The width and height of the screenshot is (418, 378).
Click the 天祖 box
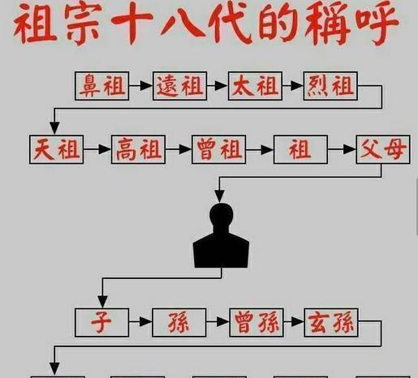coord(56,149)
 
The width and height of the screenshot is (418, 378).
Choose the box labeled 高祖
coord(137,149)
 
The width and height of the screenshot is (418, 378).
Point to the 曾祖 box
coord(220,149)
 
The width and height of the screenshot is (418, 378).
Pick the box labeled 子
coord(102,323)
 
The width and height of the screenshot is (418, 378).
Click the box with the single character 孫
coord(178,323)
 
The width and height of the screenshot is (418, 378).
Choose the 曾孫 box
coord(255,323)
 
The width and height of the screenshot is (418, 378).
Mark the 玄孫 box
coord(330,323)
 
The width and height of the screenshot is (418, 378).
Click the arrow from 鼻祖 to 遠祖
coord(140,85)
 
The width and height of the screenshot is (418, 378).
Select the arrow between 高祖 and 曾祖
coord(179,149)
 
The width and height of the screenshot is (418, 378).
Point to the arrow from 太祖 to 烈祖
coord(292,85)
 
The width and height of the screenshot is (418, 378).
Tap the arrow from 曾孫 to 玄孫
coord(292,323)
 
